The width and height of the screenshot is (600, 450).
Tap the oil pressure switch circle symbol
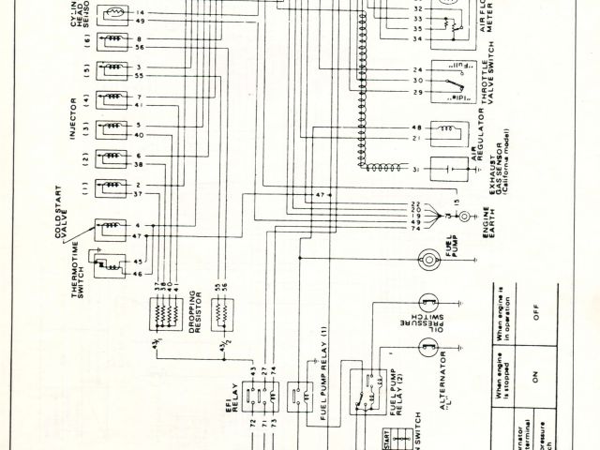click(x=429, y=302)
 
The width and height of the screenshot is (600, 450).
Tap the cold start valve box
click(x=111, y=227)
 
